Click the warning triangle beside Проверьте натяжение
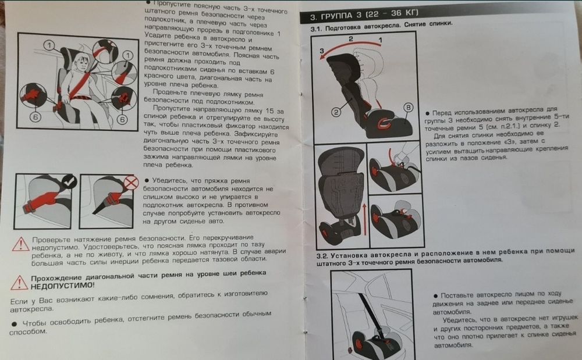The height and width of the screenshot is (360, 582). (x=20, y=243)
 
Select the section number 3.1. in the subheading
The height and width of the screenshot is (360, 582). (x=317, y=28)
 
